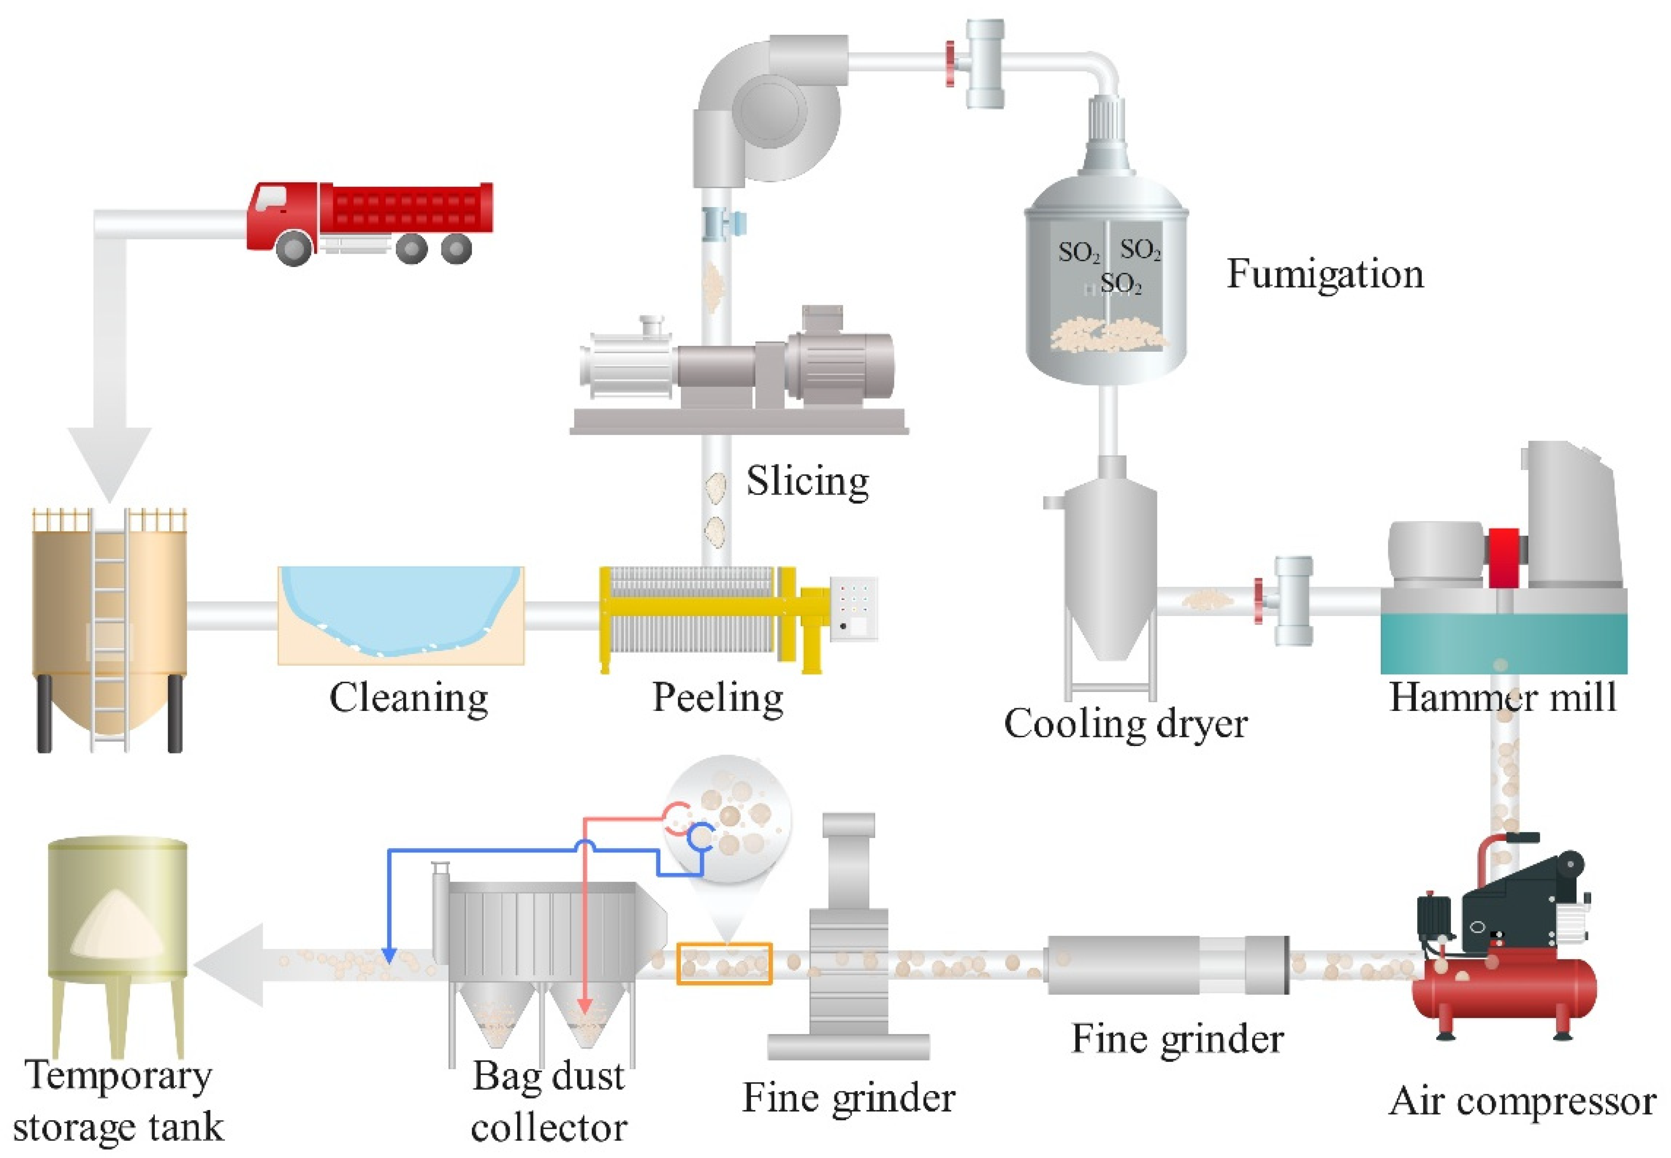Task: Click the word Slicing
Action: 808,481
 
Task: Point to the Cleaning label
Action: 409,698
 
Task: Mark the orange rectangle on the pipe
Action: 724,964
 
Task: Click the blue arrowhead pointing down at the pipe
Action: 389,956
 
